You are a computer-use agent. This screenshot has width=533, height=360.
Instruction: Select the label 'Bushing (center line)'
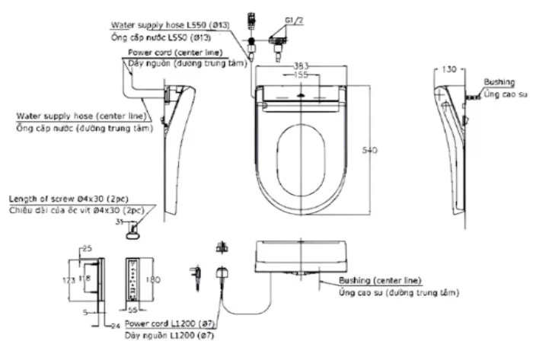click(x=380, y=281)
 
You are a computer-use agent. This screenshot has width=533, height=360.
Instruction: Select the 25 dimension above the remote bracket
click(x=85, y=249)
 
